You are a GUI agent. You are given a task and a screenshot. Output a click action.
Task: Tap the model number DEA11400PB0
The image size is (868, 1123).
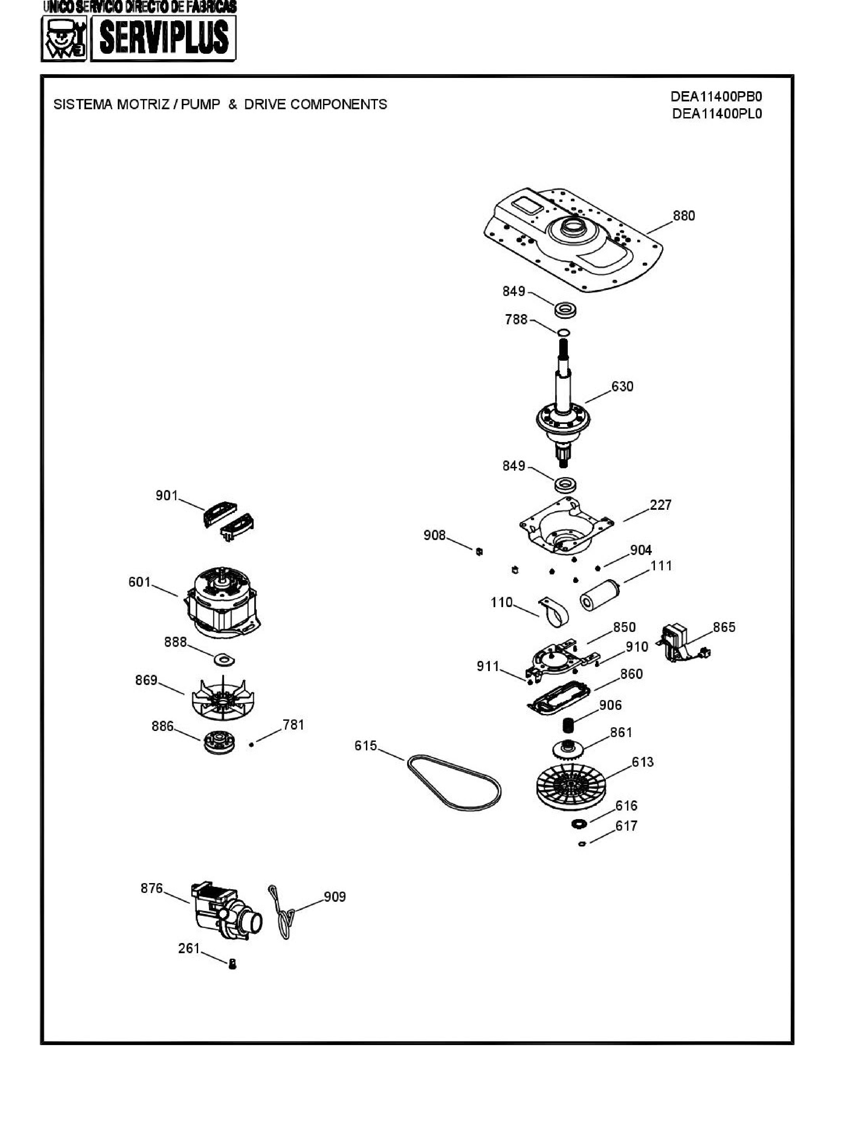716,97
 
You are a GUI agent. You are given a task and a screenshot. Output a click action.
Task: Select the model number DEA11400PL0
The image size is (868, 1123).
717,114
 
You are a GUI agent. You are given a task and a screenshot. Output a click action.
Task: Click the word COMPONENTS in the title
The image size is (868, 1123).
338,104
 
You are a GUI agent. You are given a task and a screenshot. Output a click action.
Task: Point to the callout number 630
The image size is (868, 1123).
622,387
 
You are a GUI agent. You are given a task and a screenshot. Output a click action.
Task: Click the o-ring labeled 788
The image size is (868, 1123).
564,332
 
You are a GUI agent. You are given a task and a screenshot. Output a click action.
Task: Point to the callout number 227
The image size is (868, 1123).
661,505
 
